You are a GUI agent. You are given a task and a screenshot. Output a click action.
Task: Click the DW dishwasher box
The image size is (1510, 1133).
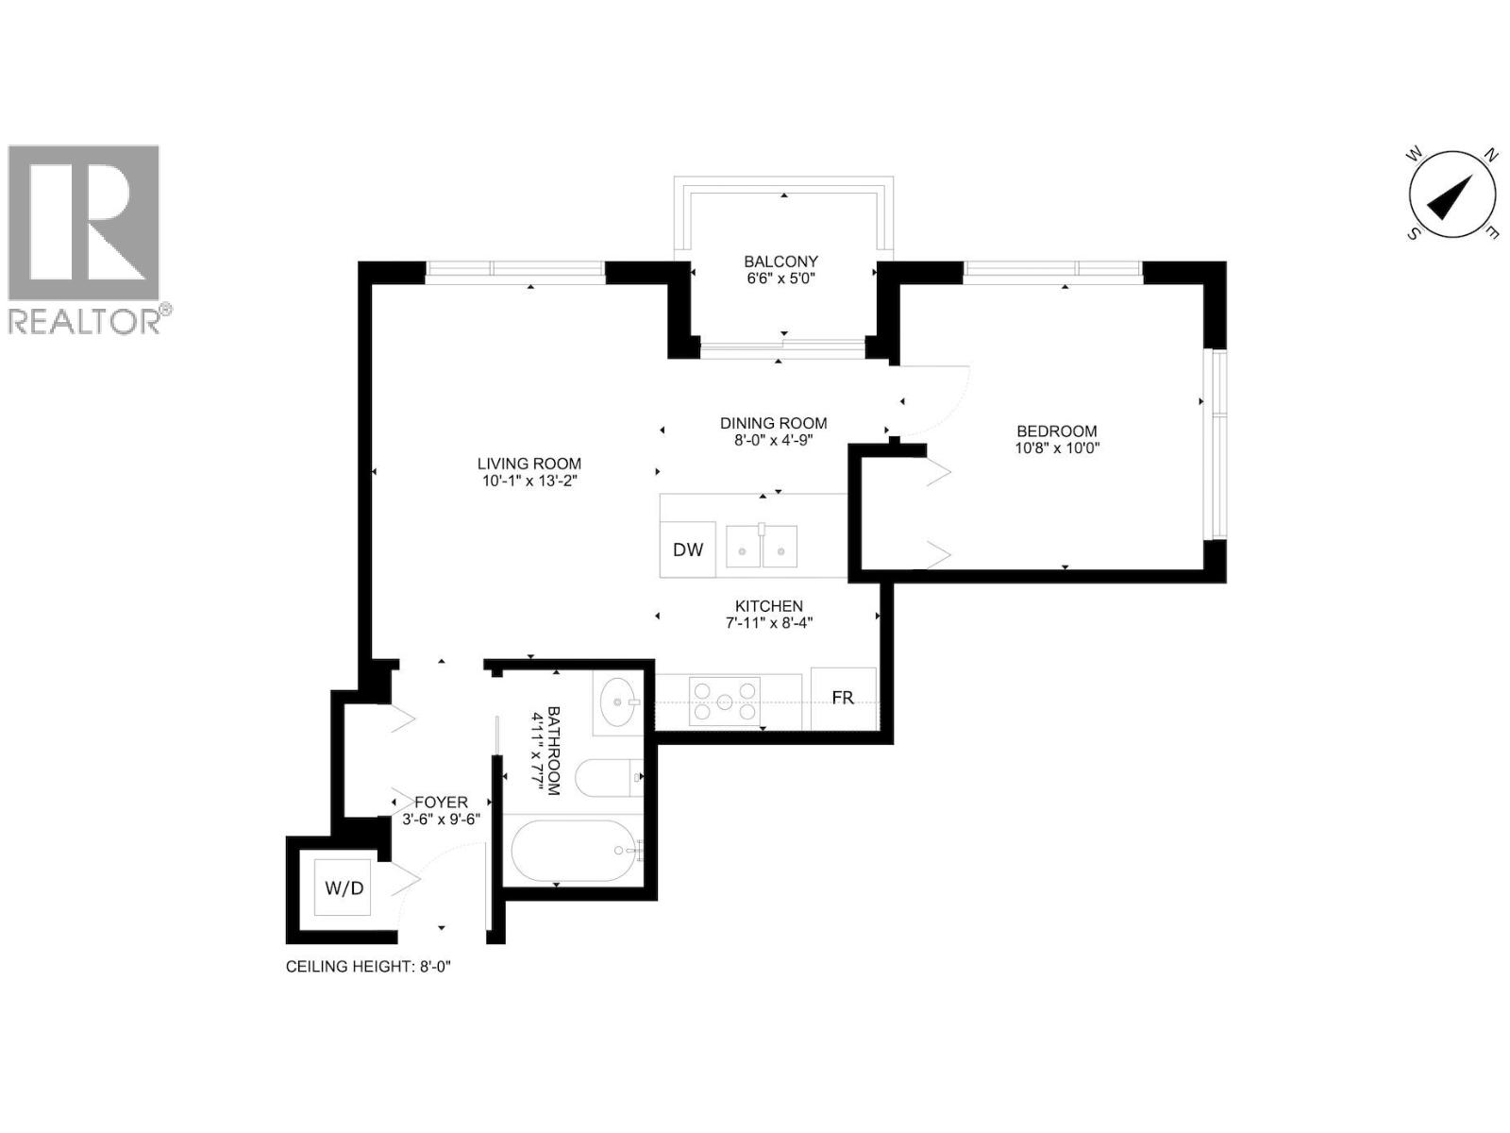point(688,550)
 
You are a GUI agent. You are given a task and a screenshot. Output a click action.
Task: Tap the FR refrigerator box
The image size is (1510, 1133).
point(843,698)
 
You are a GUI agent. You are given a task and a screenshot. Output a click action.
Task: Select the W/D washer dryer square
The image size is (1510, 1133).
point(344,888)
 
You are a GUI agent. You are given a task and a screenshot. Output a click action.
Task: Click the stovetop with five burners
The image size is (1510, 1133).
point(725,702)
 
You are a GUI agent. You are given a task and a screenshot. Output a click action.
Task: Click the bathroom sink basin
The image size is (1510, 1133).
point(618,702)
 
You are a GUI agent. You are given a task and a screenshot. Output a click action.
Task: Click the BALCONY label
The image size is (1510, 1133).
point(780,262)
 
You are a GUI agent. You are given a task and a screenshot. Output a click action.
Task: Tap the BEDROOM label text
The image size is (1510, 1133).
point(1057,431)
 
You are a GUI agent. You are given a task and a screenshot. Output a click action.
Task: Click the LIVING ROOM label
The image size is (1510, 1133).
point(528,464)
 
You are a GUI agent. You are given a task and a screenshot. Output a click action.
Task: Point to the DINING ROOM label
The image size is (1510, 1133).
point(773,423)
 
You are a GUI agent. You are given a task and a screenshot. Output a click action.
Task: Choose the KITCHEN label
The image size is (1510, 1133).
point(769,606)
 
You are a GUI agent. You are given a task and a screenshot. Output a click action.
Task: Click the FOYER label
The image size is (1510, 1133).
point(441,802)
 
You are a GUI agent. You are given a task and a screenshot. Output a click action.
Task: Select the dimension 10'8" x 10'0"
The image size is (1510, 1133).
point(1057,448)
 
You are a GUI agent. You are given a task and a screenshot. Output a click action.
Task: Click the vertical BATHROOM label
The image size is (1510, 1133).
point(553,751)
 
